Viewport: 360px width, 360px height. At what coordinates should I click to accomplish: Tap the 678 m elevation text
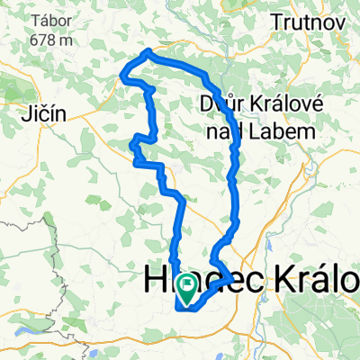[38, 40]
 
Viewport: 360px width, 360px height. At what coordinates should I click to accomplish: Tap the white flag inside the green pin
[189, 286]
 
